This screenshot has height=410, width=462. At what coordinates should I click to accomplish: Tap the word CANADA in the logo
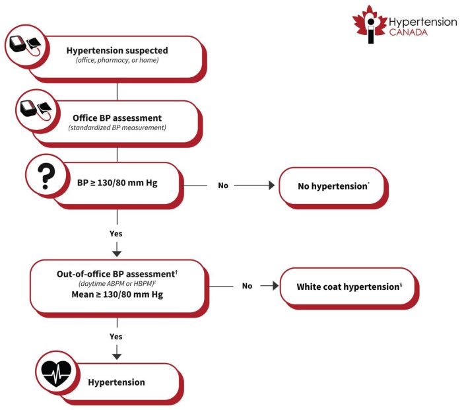tap(408, 31)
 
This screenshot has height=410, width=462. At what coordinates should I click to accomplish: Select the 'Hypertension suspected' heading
tap(117, 50)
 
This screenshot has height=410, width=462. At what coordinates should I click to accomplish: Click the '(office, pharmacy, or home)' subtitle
tap(117, 61)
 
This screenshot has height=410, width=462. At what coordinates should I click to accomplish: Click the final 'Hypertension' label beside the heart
tap(116, 382)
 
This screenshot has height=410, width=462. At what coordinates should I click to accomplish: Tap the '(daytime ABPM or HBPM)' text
tap(116, 283)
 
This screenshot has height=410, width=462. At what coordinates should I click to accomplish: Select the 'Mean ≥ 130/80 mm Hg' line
tap(116, 294)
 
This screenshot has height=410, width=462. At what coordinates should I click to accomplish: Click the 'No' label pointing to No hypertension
tap(223, 186)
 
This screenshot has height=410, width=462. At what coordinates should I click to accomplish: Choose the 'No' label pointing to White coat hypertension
tap(247, 286)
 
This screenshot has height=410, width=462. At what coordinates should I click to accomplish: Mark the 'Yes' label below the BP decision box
tap(116, 233)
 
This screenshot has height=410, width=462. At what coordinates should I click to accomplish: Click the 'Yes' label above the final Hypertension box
tap(116, 336)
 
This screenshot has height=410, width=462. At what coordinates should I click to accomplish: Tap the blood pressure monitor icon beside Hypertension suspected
tap(24, 48)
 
